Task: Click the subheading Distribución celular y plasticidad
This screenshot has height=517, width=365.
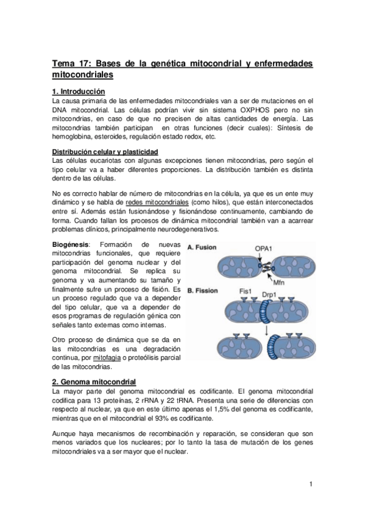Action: pyautogui.click(x=105, y=151)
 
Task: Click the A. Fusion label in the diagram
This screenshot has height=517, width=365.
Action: pyautogui.click(x=204, y=248)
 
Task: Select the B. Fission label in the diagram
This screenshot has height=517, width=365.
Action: pyautogui.click(x=204, y=291)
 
